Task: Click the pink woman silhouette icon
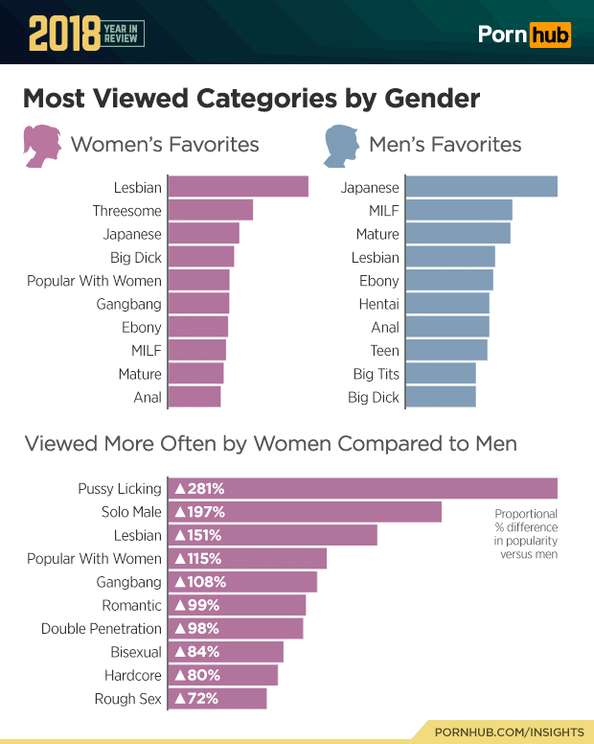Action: (40, 146)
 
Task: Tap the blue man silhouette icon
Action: (338, 146)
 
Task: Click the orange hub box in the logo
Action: (551, 35)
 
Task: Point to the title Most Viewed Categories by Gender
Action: (250, 99)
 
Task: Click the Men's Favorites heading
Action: (445, 145)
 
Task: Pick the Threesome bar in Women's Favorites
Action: (211, 210)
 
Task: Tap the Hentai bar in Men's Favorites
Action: (447, 304)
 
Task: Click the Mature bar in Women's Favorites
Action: (196, 374)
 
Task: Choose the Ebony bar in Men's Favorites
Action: (449, 280)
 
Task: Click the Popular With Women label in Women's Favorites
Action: (94, 281)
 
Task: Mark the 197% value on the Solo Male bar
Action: (199, 512)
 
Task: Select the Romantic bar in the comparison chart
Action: (238, 605)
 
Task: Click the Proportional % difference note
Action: (526, 534)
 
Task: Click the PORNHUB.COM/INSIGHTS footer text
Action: (509, 732)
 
